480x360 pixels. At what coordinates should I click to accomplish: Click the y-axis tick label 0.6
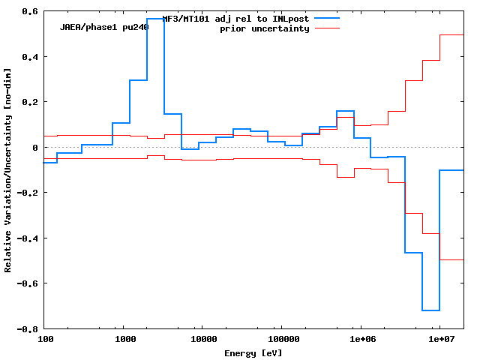click(x=30, y=11)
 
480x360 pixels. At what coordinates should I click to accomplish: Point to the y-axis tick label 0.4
click(x=30, y=57)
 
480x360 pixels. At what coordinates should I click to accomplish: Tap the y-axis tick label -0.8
click(x=28, y=329)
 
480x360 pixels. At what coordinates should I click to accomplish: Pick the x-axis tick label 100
click(x=45, y=340)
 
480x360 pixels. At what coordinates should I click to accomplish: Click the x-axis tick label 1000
click(x=125, y=340)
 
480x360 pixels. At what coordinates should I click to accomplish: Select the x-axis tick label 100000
click(x=280, y=340)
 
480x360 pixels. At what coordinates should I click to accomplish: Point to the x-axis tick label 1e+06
click(x=361, y=340)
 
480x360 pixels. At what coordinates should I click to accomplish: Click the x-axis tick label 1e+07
click(x=440, y=340)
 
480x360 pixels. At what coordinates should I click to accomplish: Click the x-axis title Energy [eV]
click(x=253, y=352)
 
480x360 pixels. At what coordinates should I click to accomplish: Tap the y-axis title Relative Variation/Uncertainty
click(x=7, y=169)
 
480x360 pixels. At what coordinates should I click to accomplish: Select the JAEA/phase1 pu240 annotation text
click(x=104, y=27)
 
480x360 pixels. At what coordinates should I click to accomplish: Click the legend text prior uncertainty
click(x=264, y=28)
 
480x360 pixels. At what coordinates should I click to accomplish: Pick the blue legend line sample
click(x=327, y=18)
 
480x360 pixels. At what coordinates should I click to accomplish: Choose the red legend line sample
click(x=327, y=28)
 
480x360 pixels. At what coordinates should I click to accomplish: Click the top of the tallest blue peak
click(x=156, y=19)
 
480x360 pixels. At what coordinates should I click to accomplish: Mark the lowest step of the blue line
click(x=430, y=310)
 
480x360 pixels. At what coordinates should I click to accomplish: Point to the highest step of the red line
click(x=451, y=34)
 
